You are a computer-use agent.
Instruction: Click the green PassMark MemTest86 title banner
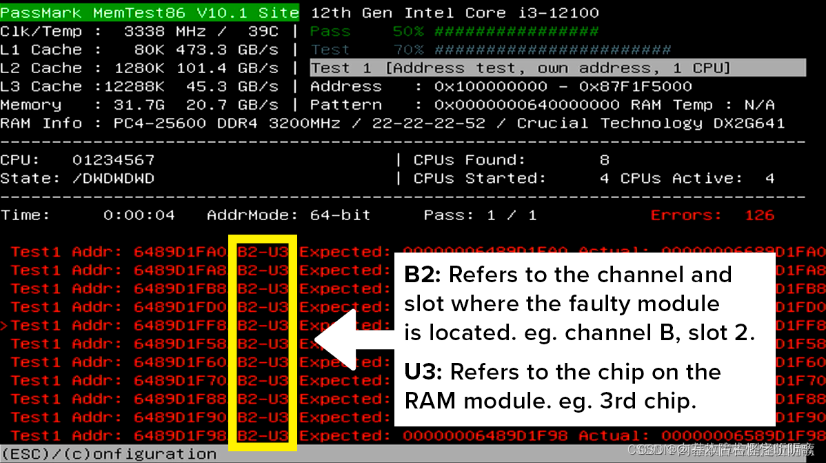[x=150, y=13]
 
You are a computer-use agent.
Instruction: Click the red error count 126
[x=759, y=215]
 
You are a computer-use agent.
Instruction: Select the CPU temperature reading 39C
[x=263, y=32]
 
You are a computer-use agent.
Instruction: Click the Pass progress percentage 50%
[x=409, y=32]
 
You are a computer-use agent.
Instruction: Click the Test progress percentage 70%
[x=409, y=50]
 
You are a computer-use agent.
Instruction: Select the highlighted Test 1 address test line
[x=557, y=68]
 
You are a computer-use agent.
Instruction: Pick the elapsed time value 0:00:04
[x=139, y=215]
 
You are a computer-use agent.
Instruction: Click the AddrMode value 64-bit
[x=340, y=215]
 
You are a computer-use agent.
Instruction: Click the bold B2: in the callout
[x=423, y=275]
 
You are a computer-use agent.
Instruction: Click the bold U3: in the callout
[x=423, y=373]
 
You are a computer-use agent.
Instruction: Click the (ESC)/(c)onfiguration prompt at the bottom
[x=108, y=454]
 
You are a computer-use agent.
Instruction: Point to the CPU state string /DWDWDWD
[x=113, y=179]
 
